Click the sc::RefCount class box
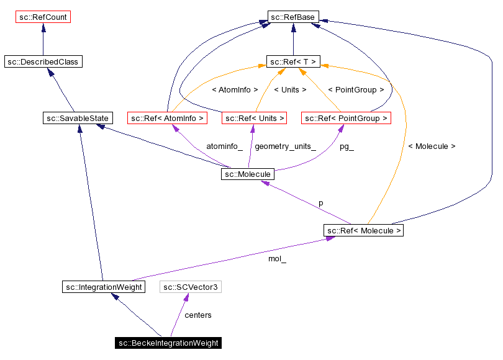click(43, 17)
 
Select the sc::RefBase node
click(292, 17)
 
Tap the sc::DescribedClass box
click(43, 61)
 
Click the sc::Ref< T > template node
click(293, 61)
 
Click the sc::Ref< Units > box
click(254, 118)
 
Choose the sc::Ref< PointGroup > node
click(345, 118)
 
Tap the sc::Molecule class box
click(247, 174)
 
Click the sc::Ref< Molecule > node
click(364, 231)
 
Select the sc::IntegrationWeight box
click(104, 287)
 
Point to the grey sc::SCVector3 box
click(191, 287)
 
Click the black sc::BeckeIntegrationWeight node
click(168, 343)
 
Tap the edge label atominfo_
click(224, 147)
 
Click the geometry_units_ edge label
click(285, 147)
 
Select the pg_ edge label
click(347, 147)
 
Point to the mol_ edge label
click(277, 259)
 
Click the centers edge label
click(198, 315)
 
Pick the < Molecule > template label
click(432, 146)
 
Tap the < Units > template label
click(290, 90)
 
